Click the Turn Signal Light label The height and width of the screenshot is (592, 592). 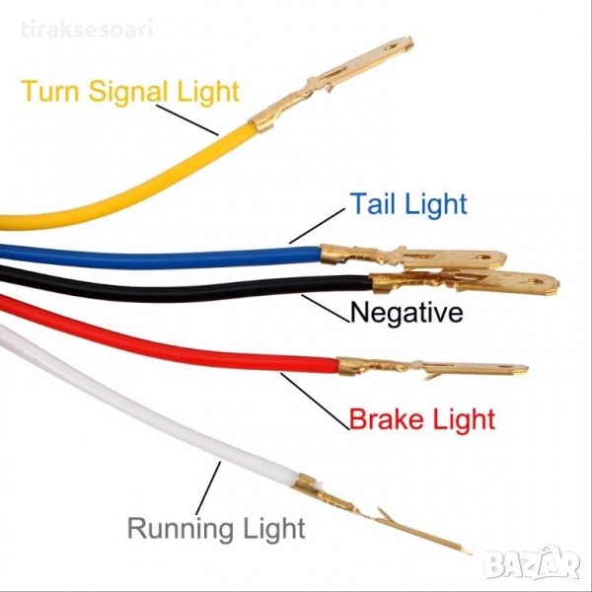(x=129, y=92)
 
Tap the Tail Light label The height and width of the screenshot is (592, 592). (x=407, y=204)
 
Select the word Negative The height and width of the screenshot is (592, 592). (x=407, y=314)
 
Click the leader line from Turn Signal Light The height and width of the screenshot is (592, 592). (x=185, y=116)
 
